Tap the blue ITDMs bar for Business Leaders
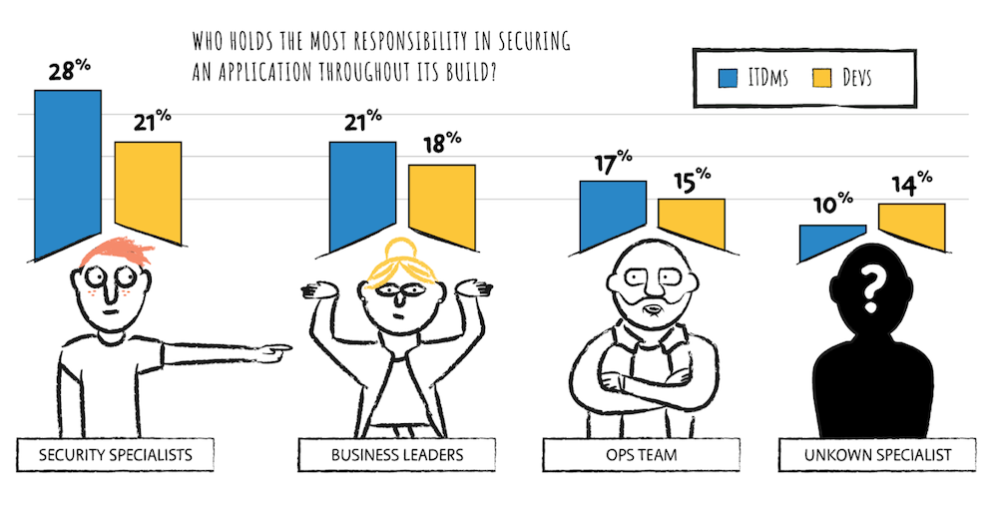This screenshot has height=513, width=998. click(362, 195)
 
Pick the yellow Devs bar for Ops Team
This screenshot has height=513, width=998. click(691, 222)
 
